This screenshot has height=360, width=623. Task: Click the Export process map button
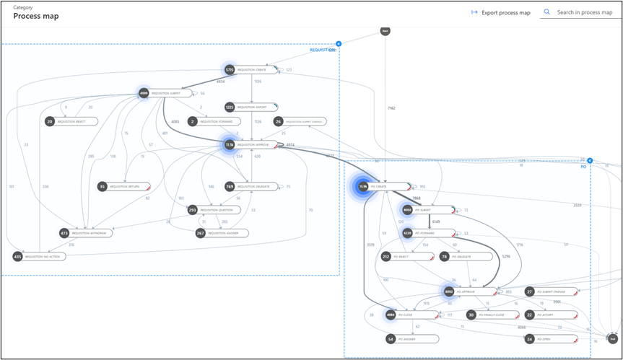pos(500,12)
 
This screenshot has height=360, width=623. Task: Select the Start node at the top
pos(385,31)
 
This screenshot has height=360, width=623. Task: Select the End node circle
pos(613,338)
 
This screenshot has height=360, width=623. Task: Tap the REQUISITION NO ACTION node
pos(40,256)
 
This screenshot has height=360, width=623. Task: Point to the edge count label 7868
pos(417,198)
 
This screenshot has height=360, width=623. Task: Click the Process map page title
pos(36,16)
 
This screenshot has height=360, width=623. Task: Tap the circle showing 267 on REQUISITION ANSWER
pos(201,233)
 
